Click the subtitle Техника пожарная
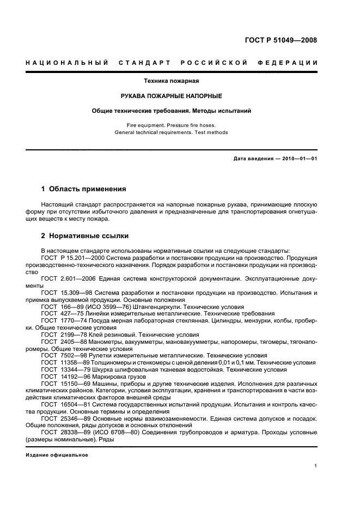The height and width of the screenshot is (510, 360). tap(171, 81)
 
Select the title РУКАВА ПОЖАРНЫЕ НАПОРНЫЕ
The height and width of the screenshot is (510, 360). tap(171, 96)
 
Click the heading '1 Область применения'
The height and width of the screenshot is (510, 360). tap(84, 189)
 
